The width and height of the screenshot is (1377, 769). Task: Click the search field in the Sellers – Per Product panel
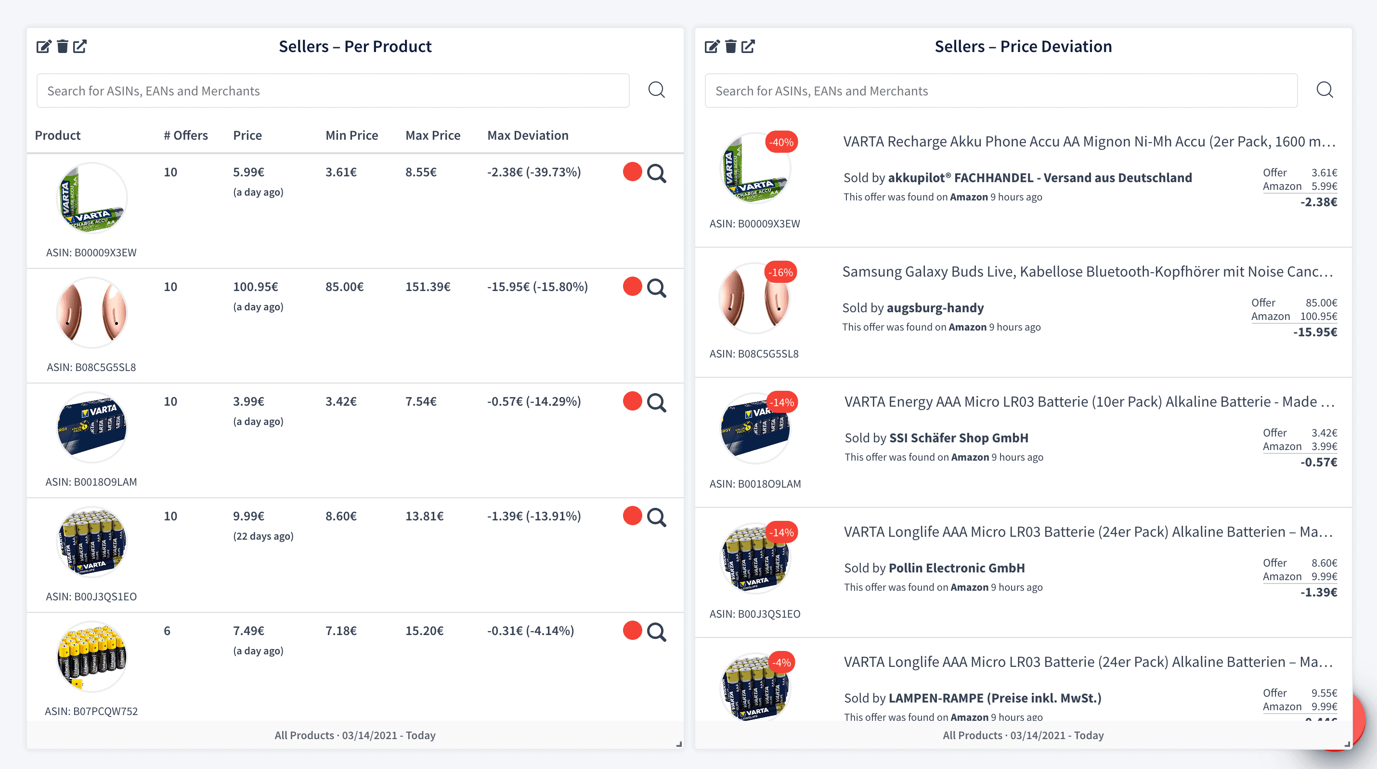tap(333, 91)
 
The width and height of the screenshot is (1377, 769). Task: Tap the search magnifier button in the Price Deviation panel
tap(1324, 90)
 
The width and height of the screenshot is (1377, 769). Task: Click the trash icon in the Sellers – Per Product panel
tap(63, 47)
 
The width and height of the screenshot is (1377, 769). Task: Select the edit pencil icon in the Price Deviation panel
tap(712, 47)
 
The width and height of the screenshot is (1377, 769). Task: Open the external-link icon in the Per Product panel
tap(80, 47)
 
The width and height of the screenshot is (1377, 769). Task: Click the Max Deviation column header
tap(528, 135)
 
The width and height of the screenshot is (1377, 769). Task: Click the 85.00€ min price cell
tap(344, 287)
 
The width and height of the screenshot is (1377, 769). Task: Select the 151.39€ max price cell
tap(428, 287)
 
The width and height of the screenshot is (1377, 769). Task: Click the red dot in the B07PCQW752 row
tap(632, 631)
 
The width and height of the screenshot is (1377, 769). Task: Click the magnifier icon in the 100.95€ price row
tap(656, 288)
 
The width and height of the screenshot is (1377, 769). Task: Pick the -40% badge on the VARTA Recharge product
tap(781, 142)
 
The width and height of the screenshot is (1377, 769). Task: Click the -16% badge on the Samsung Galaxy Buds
tap(780, 272)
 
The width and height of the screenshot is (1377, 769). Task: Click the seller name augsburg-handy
tap(935, 308)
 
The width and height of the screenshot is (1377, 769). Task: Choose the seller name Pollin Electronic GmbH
tap(956, 568)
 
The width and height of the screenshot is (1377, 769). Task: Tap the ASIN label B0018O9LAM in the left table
tap(91, 482)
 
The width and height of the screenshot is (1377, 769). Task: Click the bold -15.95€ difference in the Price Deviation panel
tap(1315, 332)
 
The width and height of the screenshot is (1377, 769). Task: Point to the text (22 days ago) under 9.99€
tap(263, 536)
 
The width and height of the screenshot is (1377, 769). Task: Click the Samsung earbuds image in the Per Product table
tap(91, 313)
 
